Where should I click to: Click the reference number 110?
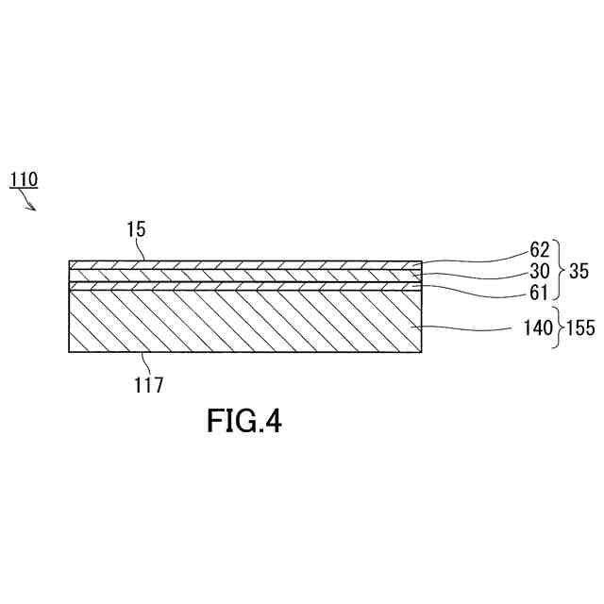[24, 177]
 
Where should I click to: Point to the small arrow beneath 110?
[30, 203]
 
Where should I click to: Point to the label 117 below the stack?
[148, 384]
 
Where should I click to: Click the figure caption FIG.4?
[243, 421]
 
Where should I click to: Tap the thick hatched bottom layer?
[236, 321]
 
